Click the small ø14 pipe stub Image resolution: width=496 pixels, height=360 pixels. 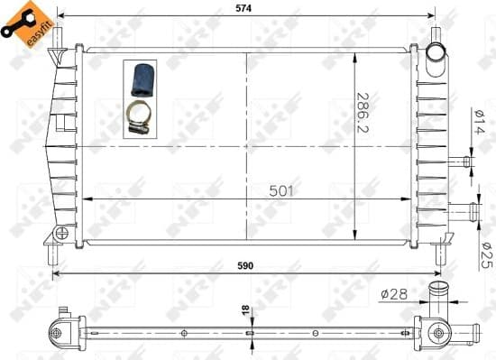click(465, 162)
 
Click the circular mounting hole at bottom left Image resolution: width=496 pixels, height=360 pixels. click(60, 233)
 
